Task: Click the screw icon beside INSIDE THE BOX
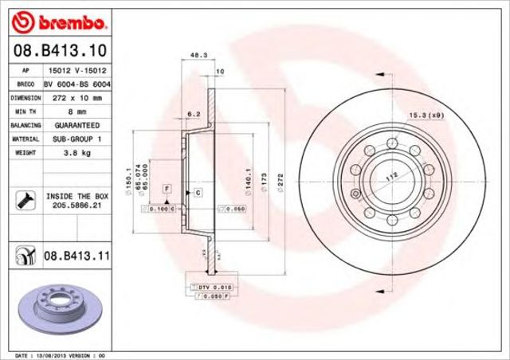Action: click(23, 199)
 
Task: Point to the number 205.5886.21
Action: click(77, 205)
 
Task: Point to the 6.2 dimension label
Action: click(193, 115)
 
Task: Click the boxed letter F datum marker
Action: click(167, 187)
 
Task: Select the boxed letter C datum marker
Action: click(197, 192)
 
